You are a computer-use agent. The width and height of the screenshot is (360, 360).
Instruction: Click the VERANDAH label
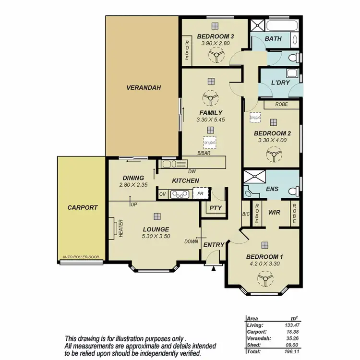pos(144,88)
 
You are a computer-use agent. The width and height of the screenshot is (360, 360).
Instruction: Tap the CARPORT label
pos(83,208)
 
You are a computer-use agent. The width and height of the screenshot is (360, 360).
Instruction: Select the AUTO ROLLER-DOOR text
pos(81,257)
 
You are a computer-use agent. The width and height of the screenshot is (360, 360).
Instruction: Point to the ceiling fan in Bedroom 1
pos(264,277)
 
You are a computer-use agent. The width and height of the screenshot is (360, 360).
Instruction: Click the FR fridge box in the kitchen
pos(200,194)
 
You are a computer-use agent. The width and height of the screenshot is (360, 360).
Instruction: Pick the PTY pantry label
pos(212,208)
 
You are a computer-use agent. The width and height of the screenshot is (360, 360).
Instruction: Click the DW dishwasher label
pos(192,171)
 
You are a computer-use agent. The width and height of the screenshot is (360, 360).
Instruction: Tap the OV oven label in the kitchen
pos(162,194)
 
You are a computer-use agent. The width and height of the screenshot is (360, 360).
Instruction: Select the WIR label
pos(274,212)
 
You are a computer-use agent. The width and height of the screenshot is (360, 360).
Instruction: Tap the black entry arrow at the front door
pos(214,268)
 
